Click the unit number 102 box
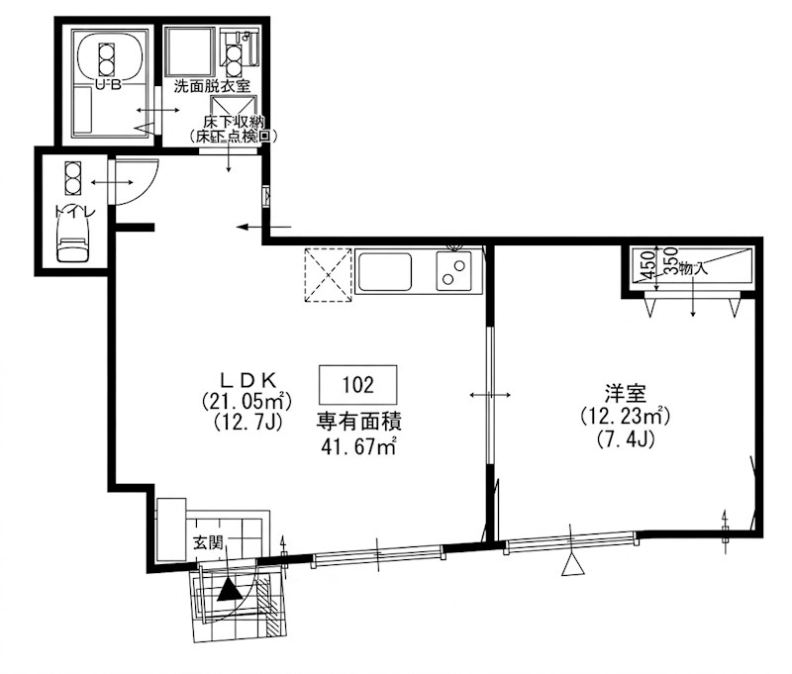(357, 383)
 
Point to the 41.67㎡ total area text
(357, 446)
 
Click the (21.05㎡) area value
(246, 401)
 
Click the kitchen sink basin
(386, 270)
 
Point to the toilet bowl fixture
(71, 239)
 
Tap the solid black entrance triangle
(230, 590)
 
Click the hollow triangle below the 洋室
(571, 565)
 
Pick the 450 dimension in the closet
(645, 266)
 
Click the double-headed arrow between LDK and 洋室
(489, 395)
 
